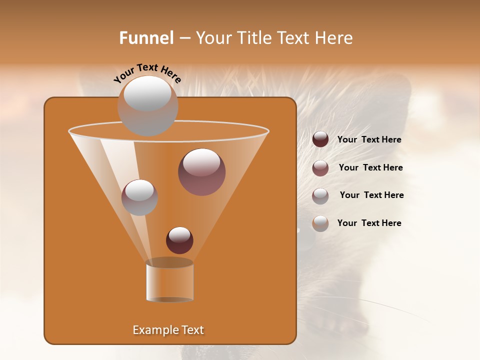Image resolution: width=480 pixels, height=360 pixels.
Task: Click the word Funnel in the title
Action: (146, 38)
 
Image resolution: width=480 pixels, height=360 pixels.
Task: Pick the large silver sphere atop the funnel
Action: (147, 105)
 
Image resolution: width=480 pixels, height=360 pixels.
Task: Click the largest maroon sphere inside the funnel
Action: (201, 171)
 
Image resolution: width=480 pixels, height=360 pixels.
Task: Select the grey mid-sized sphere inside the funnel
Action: (139, 197)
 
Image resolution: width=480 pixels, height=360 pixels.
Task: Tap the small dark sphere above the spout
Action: (179, 240)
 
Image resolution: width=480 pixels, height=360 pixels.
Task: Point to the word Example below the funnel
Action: (154, 330)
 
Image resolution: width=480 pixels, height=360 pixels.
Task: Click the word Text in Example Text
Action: (191, 330)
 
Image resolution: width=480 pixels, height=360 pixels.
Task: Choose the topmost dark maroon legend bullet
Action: (320, 139)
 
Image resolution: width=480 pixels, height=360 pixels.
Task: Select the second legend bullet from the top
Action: (320, 168)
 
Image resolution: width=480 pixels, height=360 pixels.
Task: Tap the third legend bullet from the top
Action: (320, 196)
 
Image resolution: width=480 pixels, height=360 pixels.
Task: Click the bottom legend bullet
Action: (320, 223)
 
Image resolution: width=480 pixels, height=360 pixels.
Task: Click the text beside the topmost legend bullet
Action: (369, 140)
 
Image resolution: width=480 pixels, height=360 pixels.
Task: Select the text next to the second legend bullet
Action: (370, 168)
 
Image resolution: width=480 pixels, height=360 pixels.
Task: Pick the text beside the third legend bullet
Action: (371, 195)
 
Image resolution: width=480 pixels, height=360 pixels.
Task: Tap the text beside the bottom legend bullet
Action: (369, 223)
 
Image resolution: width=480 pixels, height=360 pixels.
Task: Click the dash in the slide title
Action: (184, 38)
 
